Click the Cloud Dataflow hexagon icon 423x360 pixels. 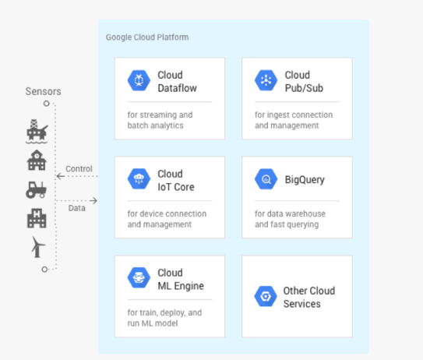coord(139,80)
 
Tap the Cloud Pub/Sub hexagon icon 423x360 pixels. coord(266,80)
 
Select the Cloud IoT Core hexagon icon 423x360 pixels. coord(139,179)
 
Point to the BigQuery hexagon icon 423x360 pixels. coord(266,179)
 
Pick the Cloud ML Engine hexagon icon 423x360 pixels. coord(139,277)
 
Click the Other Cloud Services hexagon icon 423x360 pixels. coord(266,296)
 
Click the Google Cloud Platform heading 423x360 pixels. coord(147,37)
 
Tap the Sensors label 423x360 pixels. coord(43,91)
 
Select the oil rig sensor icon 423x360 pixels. coord(37,132)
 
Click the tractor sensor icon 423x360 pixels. coord(36,189)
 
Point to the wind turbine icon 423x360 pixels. coord(37,247)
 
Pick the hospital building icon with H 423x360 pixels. coord(37,218)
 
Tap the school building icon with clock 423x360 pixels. coord(37,160)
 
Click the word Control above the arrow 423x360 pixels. coord(79,169)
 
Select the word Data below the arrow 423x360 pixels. coord(77,208)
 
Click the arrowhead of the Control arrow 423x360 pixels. coord(58,176)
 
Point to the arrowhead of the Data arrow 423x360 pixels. coord(94,200)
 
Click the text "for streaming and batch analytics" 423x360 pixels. coord(160,120)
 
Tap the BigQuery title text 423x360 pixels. coord(305,180)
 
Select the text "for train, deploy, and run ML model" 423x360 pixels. coord(164,318)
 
